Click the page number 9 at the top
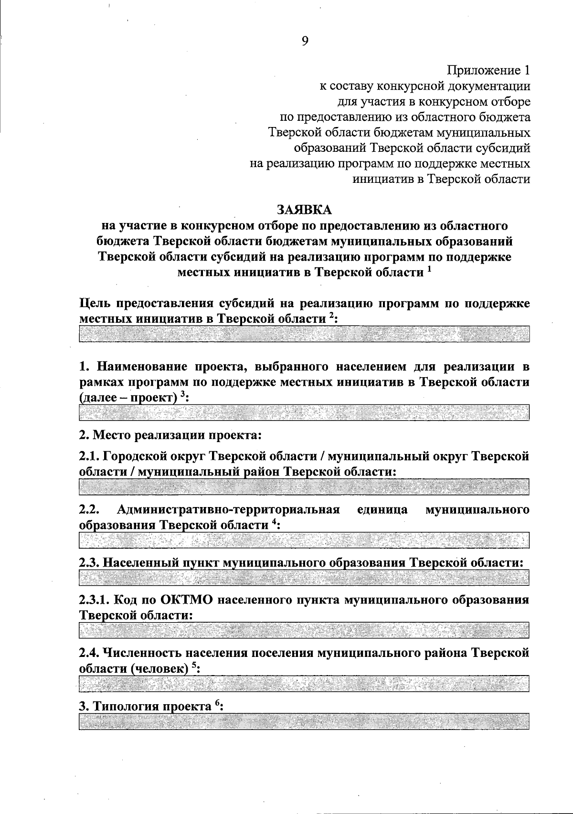[305, 41]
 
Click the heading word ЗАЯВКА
[304, 210]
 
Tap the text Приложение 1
[488, 71]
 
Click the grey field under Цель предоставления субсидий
[304, 334]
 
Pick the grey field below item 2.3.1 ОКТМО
[304, 630]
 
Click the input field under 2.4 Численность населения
[304, 683]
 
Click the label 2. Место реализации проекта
[170, 435]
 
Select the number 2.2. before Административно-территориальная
[88, 509]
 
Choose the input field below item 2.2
[304, 540]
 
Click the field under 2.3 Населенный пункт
[304, 578]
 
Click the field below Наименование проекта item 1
[304, 412]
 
